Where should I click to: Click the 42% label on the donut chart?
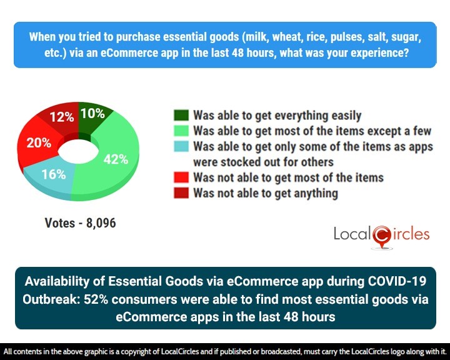115,159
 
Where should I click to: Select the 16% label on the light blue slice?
54,174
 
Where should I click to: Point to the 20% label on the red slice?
39,142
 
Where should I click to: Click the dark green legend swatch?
181,116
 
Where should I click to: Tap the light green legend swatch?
181,131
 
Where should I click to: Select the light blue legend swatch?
181,147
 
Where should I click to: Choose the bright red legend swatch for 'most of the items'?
181,178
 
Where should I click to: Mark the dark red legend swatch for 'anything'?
181,193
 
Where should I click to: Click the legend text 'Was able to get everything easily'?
277,116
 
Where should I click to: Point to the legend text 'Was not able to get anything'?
266,193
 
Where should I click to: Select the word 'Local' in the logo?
351,235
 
